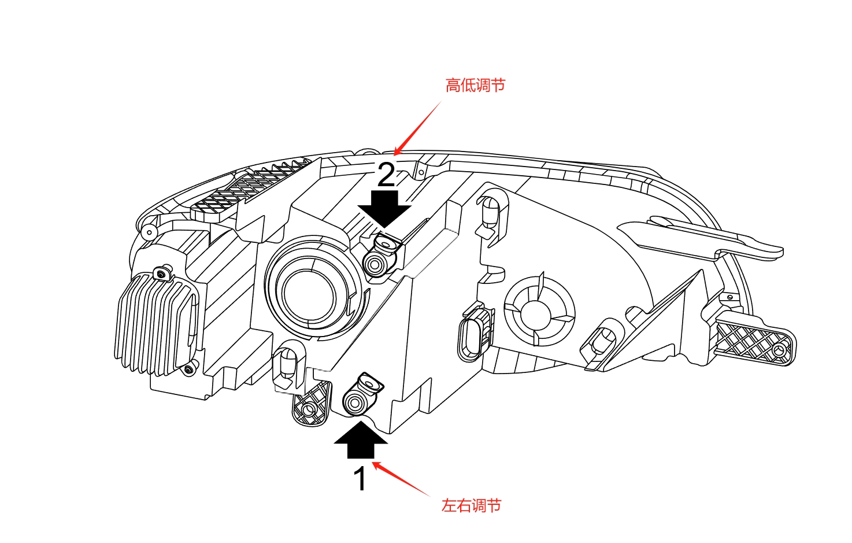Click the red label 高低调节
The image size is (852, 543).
coord(475,86)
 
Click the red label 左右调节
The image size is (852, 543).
coord(471,506)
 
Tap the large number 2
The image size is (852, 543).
coord(386,175)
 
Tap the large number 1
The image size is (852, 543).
coord(360,479)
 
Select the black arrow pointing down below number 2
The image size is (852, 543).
coord(384,209)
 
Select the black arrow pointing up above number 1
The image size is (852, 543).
coord(361,440)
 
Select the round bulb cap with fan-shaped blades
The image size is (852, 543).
coord(539,312)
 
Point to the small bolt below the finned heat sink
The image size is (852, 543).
coord(189,368)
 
